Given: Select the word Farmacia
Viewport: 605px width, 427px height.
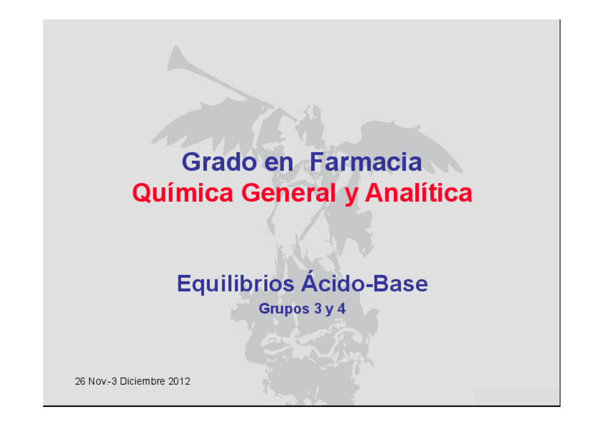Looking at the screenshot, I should pyautogui.click(x=365, y=163).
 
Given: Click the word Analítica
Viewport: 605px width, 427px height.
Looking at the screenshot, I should pyautogui.click(x=418, y=193).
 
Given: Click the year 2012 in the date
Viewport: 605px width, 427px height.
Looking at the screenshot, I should pyautogui.click(x=178, y=381).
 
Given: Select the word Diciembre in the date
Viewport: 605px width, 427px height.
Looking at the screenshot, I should pyautogui.click(x=143, y=381).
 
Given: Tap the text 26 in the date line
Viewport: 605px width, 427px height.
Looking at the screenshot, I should pyautogui.click(x=80, y=381).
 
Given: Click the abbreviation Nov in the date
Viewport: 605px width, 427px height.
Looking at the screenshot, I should pyautogui.click(x=97, y=381).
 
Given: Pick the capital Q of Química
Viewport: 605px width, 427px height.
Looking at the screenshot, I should pyautogui.click(x=142, y=193).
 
